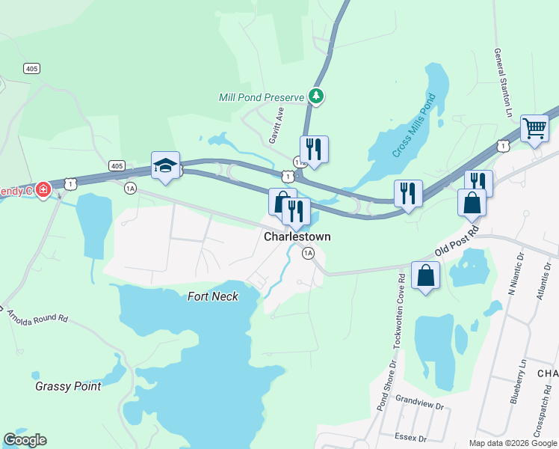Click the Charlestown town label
(x=297, y=236)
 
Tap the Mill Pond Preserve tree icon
(x=318, y=97)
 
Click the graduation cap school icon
(x=165, y=165)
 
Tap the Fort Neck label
(x=213, y=296)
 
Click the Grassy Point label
(x=68, y=386)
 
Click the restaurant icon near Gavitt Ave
(x=314, y=149)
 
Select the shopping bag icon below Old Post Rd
(x=425, y=275)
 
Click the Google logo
(x=25, y=440)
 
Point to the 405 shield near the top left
(x=31, y=68)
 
